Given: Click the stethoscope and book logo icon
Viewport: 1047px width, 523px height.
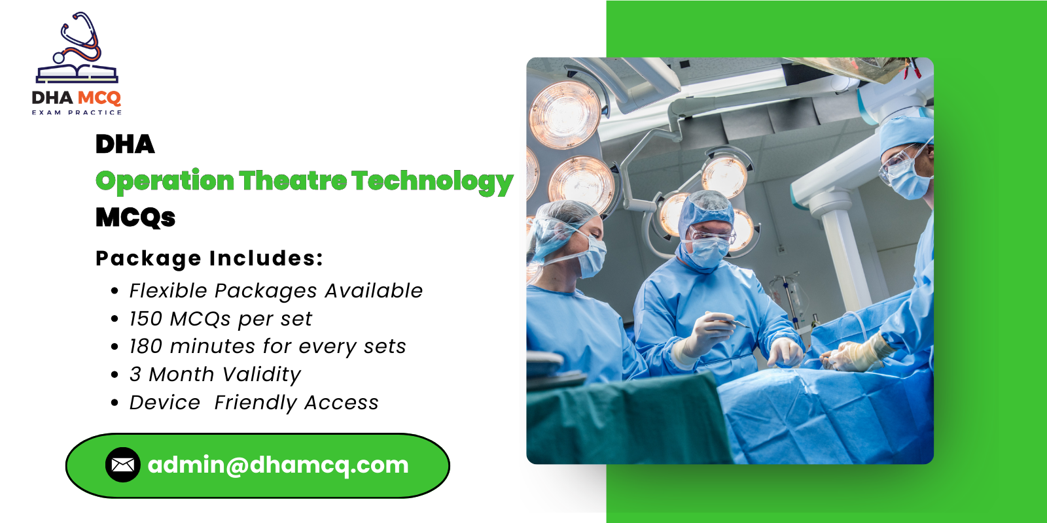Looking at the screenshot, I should pyautogui.click(x=77, y=49).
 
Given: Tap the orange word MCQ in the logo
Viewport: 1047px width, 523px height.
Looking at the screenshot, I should pyautogui.click(x=99, y=98).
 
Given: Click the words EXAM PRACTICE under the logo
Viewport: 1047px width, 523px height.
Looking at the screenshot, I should pyautogui.click(x=77, y=112).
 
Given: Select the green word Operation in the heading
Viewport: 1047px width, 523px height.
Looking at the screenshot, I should pyautogui.click(x=165, y=181).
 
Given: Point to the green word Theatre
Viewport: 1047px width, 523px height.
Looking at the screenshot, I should pyautogui.click(x=293, y=180).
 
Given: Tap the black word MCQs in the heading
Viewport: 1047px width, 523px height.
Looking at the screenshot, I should pyautogui.click(x=135, y=217).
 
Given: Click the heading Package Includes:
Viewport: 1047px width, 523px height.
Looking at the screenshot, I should pyautogui.click(x=209, y=258).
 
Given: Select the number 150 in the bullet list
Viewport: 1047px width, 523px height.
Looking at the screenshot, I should pyautogui.click(x=145, y=318).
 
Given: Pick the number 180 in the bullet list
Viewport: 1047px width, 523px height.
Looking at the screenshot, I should pyautogui.click(x=145, y=346).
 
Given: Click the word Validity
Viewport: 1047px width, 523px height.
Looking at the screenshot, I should pyautogui.click(x=261, y=375).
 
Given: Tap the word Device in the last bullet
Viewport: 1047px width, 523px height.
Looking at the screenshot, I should pyautogui.click(x=164, y=403).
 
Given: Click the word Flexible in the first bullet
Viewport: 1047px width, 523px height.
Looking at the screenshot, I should pyautogui.click(x=168, y=291).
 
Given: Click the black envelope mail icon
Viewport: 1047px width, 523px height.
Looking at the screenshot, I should pyautogui.click(x=122, y=465).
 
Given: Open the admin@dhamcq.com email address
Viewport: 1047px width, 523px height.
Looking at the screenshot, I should pyautogui.click(x=278, y=465).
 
